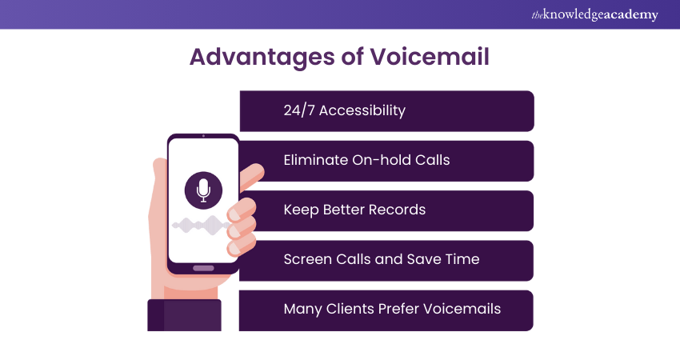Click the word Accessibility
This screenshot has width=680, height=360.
tap(362, 110)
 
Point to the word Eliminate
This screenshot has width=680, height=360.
tap(316, 160)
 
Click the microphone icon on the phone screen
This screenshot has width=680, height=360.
tap(202, 190)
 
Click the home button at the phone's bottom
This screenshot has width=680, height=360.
tap(203, 268)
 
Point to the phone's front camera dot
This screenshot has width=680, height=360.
tap(203, 136)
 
